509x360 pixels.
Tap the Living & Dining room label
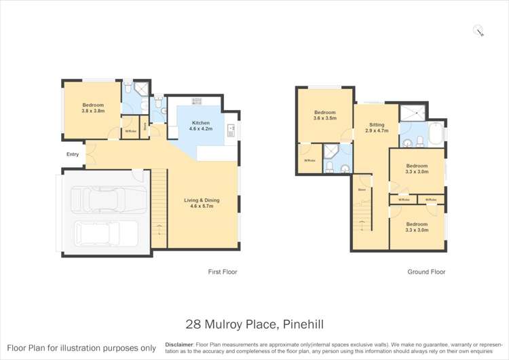[202, 203]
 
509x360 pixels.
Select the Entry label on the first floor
[73, 154]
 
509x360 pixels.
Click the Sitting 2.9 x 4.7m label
[377, 128]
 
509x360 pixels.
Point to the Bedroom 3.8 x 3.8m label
[93, 107]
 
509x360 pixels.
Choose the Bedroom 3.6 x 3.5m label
[324, 115]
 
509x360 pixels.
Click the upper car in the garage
[109, 199]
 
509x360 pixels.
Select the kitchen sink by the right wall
[231, 128]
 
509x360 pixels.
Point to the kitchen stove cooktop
[197, 101]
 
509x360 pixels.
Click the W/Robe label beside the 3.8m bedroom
[130, 131]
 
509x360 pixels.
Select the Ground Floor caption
[426, 272]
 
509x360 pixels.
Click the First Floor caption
[222, 272]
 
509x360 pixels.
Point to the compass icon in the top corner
[480, 29]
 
